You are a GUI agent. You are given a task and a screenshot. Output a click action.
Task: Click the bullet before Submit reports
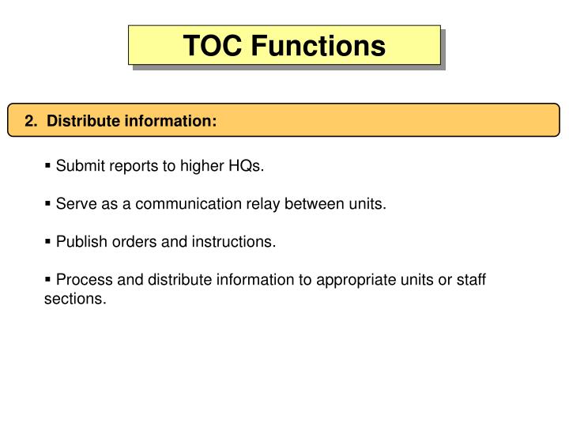coord(48,166)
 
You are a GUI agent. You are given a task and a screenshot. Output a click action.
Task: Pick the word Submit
coord(77,166)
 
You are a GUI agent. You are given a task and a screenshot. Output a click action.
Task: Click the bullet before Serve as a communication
coord(48,204)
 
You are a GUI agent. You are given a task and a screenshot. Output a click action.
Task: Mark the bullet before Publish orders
coord(48,242)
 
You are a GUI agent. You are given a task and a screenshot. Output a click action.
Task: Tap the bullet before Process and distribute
coord(48,280)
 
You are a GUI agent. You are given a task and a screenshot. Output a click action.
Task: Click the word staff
coord(470,280)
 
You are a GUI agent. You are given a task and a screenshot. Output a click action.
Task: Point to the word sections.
coord(74,300)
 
